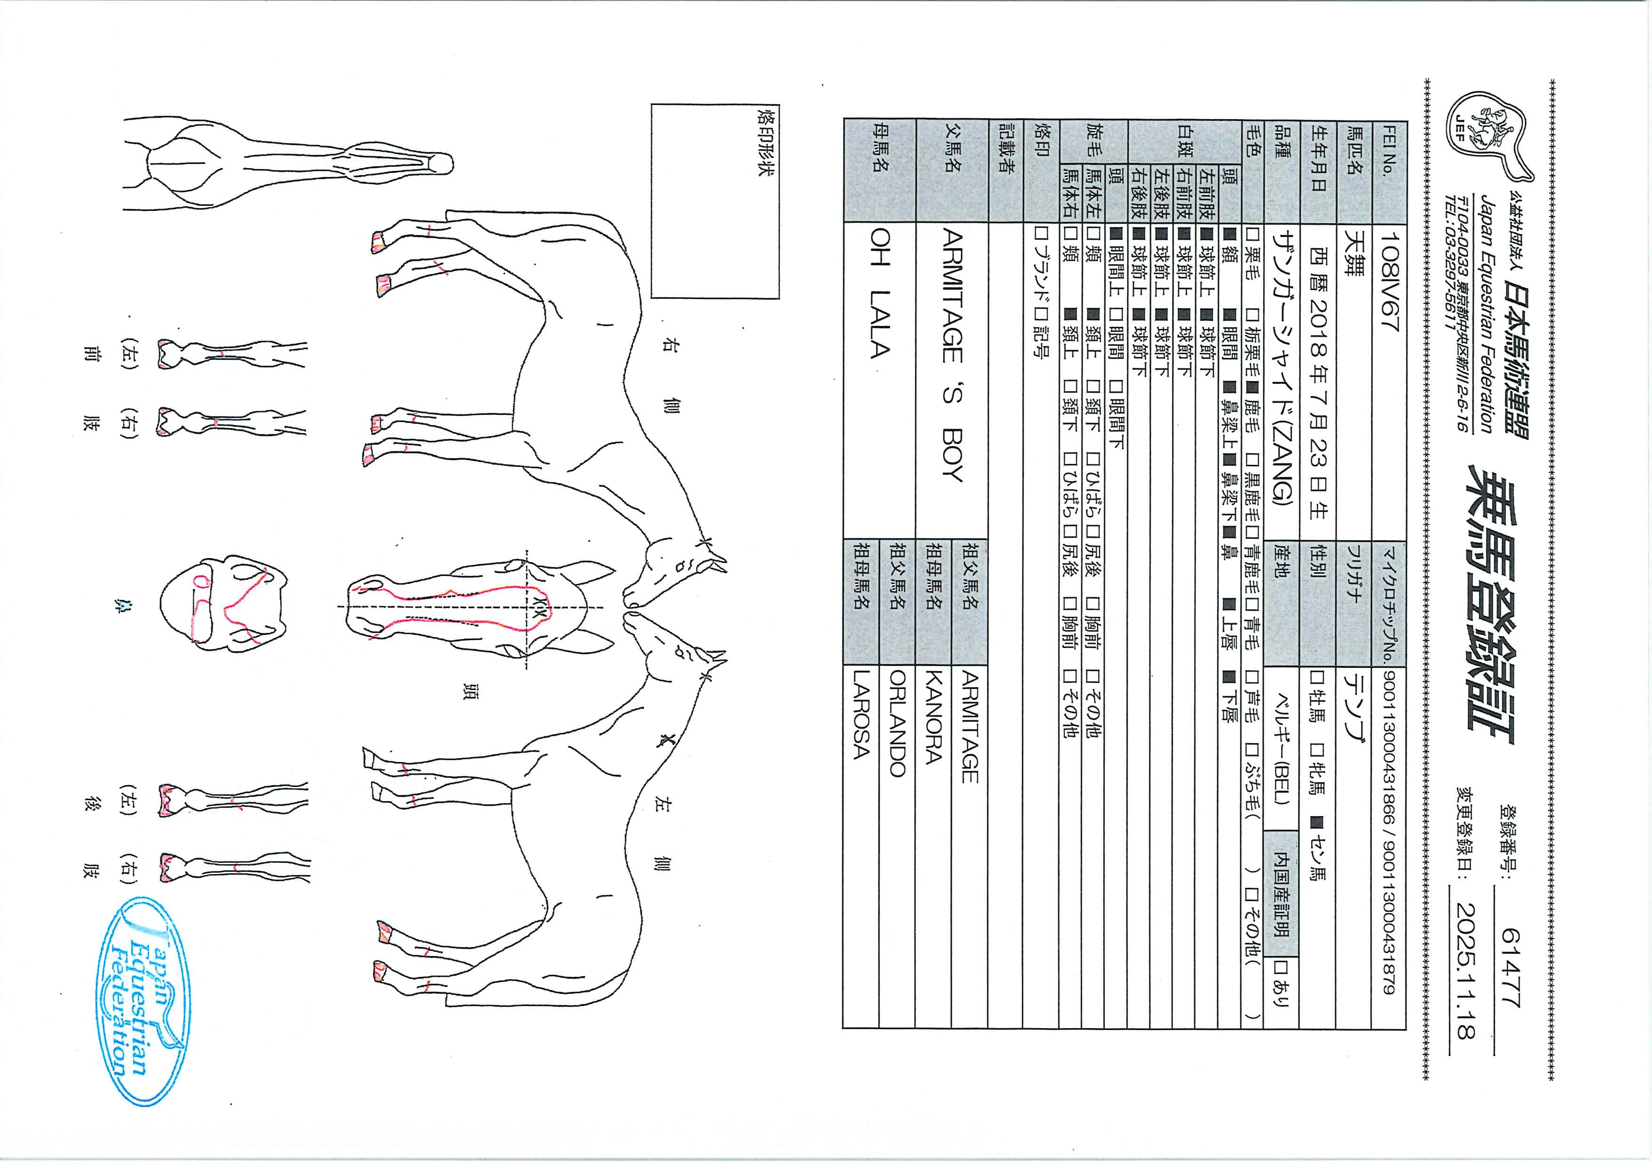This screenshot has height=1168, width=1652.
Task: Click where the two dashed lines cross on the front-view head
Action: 527,608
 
